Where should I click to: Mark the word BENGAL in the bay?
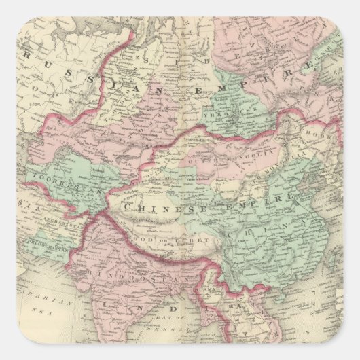[x=183, y=335]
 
